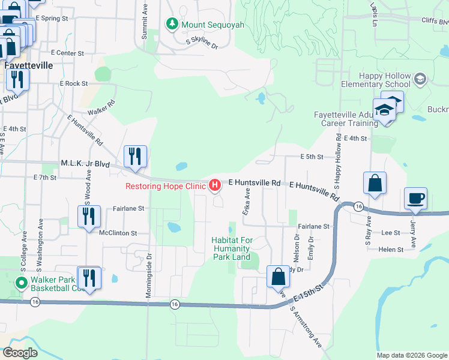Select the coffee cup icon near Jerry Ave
click(x=415, y=198)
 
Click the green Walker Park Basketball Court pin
click(x=22, y=283)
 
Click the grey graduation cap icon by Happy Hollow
click(x=420, y=79)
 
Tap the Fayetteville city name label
click(x=28, y=65)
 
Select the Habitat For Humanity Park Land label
click(x=231, y=248)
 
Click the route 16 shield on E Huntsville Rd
click(x=358, y=206)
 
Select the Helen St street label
click(x=390, y=249)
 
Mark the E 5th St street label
click(x=312, y=157)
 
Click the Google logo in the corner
click(x=20, y=353)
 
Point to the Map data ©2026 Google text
click(x=412, y=355)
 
